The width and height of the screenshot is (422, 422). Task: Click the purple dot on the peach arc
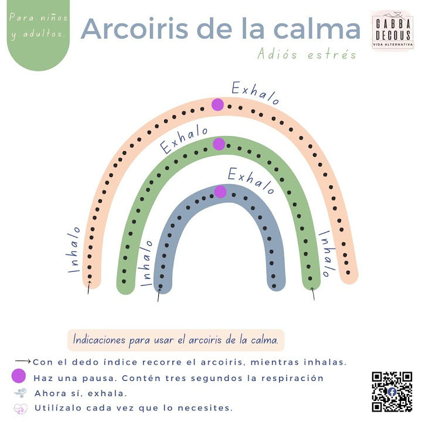coord(217,104)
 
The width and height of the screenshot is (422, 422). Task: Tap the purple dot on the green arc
coord(219,144)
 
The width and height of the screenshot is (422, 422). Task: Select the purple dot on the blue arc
coord(220,192)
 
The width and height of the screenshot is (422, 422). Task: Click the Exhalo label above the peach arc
coord(256,94)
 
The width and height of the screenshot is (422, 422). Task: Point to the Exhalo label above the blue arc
coord(251,181)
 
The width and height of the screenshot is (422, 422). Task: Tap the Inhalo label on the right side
coord(326,253)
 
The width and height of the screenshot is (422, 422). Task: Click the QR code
coord(392,392)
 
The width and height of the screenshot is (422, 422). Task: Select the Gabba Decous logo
coord(392,30)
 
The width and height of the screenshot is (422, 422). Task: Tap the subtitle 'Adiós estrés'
coord(307,55)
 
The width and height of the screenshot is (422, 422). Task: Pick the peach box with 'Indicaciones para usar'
coord(176,339)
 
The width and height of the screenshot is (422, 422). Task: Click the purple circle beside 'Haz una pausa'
coord(18,377)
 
